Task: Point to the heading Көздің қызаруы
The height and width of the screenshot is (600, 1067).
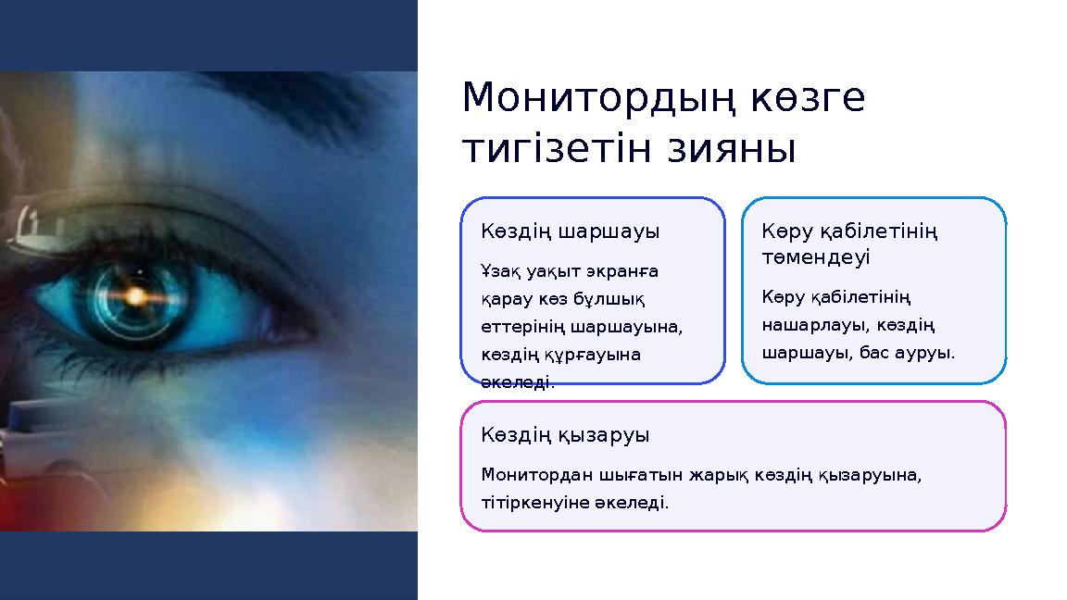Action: pos(565,434)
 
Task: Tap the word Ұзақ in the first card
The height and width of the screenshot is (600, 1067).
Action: pos(498,271)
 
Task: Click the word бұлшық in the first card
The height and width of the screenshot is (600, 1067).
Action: pos(615,299)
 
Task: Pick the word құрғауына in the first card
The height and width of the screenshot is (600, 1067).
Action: pos(588,355)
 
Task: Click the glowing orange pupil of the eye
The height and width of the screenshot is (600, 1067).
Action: pos(136,296)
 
